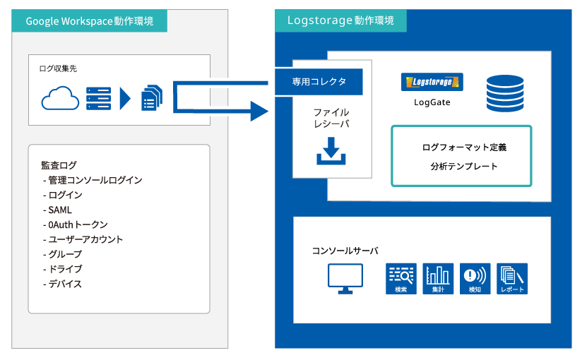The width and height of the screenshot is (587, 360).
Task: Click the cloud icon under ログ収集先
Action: [x=60, y=98]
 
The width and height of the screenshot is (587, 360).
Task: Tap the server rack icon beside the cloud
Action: [x=98, y=98]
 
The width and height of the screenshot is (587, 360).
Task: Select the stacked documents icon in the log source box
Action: [x=152, y=98]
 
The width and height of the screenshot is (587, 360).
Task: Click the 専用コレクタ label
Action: [x=319, y=82]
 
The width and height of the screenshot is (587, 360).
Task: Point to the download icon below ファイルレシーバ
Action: [x=331, y=151]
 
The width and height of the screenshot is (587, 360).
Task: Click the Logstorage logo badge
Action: [x=432, y=82]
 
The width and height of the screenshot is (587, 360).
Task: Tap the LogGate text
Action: [x=432, y=102]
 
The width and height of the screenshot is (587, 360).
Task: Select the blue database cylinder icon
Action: [x=504, y=93]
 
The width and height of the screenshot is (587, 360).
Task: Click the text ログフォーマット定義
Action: [x=464, y=148]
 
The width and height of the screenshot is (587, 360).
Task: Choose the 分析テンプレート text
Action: [x=464, y=167]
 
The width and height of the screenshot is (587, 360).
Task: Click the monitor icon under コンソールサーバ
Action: [x=345, y=279]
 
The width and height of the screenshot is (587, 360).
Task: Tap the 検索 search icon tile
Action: [x=401, y=279]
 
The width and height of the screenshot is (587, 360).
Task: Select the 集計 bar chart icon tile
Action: [x=438, y=279]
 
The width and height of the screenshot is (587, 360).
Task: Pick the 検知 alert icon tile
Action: [x=475, y=279]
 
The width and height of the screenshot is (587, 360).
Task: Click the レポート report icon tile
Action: [x=512, y=279]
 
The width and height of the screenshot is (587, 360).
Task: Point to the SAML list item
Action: [x=57, y=210]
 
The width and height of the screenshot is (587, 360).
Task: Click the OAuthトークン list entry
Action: [x=76, y=225]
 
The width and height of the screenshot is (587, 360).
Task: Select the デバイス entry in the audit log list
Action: [x=62, y=284]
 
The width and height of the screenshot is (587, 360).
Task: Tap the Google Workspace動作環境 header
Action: [x=90, y=21]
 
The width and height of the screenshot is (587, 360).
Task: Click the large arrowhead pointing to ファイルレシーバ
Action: [x=259, y=111]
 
